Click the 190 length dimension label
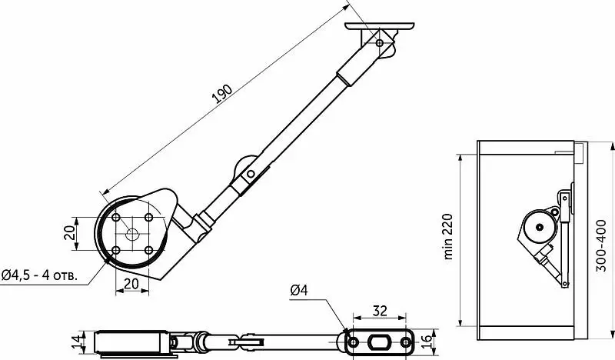(x=222, y=94)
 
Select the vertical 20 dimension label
(x=69, y=234)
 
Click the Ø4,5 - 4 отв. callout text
(x=39, y=275)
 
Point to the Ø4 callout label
(x=299, y=290)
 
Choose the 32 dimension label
(x=380, y=311)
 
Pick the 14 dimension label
(x=79, y=341)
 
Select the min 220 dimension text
(x=447, y=237)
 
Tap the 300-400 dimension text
(x=601, y=245)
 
